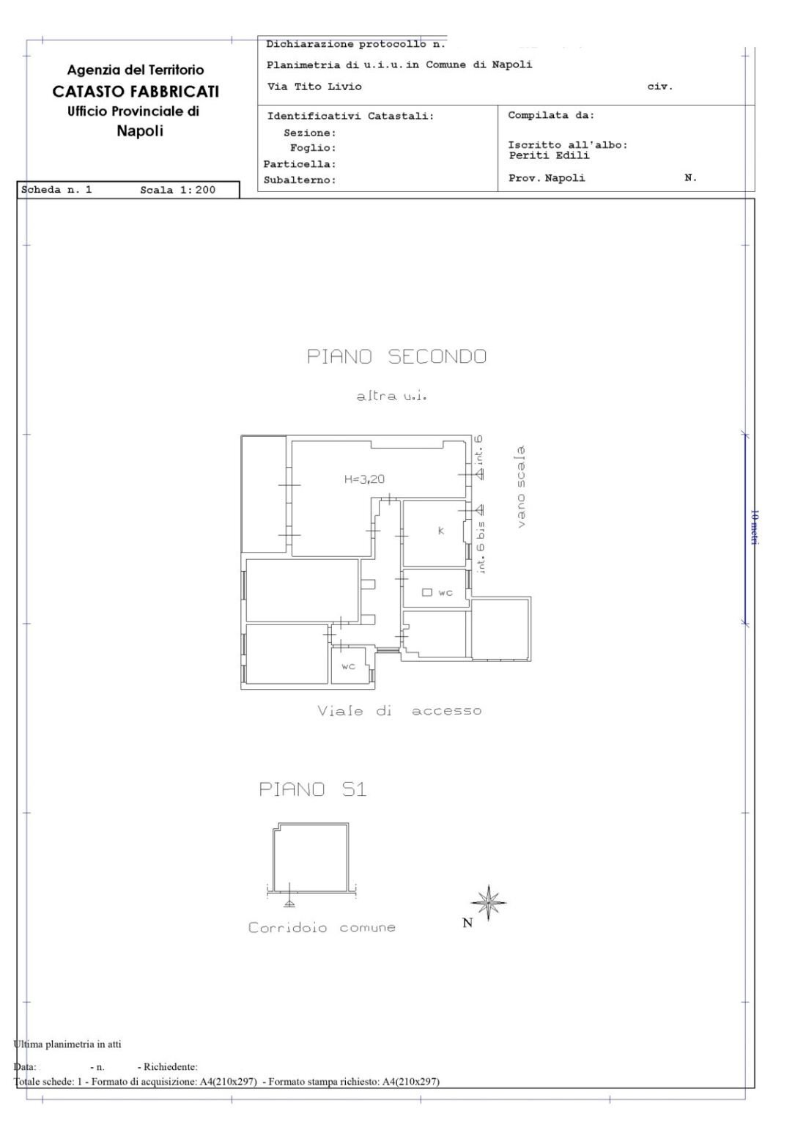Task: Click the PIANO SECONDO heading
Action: point(396,357)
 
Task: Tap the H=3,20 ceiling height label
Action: point(364,479)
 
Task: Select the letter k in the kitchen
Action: point(441,531)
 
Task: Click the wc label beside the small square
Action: point(445,592)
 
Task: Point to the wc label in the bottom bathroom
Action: point(349,666)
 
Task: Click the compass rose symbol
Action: point(489,901)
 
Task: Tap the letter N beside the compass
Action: point(467,923)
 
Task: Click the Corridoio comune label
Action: point(322,928)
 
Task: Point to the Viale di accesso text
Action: point(399,711)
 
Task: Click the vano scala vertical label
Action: point(521,486)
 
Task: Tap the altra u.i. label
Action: point(391,396)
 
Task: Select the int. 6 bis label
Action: point(481,547)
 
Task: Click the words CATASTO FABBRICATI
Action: point(136,92)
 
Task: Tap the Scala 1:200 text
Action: point(177,190)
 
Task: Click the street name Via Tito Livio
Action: point(314,86)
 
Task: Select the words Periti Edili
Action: point(549,155)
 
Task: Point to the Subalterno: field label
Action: point(299,180)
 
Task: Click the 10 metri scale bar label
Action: point(755,527)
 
